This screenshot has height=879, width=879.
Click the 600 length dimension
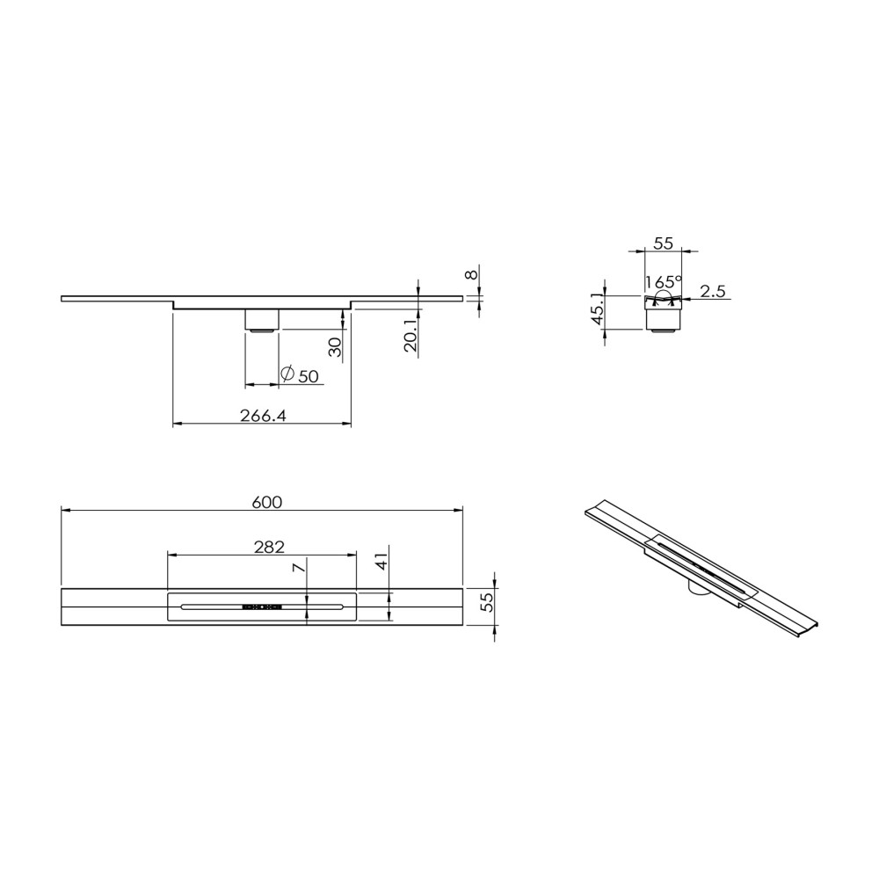coord(266,502)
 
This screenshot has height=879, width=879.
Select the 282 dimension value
coord(269,547)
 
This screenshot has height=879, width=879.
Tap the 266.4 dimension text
coord(264,417)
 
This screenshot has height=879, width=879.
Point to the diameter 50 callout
coord(299,375)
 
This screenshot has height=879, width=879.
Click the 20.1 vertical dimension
coord(410,336)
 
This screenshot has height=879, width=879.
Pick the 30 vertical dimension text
coord(334,346)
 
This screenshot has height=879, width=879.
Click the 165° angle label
coord(663,283)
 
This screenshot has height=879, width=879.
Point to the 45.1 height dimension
coord(598,309)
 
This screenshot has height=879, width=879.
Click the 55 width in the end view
coord(664,244)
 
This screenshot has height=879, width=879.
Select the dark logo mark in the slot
coord(260,607)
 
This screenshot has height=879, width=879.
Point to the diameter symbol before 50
coord(287,374)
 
